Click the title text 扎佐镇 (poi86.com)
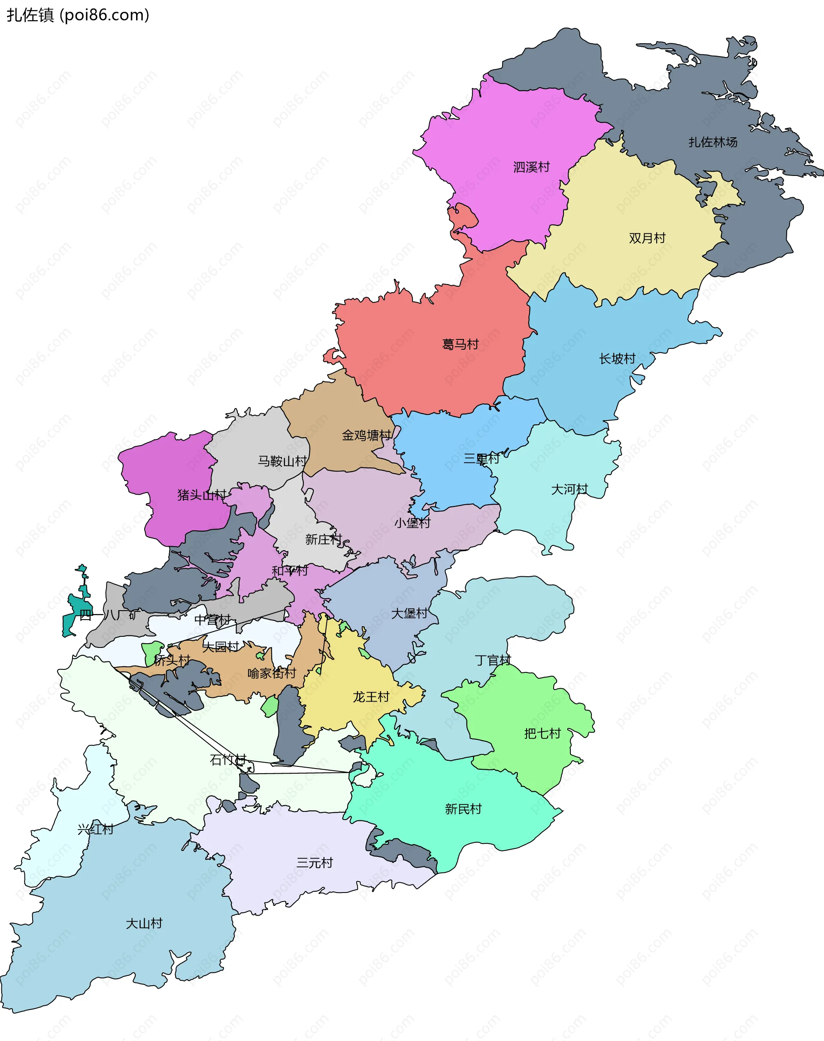click(78, 15)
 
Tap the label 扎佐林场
click(712, 142)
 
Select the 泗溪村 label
click(531, 167)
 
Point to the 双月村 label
click(647, 238)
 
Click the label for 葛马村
click(460, 345)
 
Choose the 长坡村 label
click(617, 359)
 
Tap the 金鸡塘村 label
click(367, 436)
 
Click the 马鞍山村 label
click(282, 462)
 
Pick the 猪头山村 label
click(202, 495)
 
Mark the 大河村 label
click(569, 490)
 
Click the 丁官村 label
click(493, 660)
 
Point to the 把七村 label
click(542, 734)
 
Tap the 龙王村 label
click(370, 697)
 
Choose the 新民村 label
click(463, 809)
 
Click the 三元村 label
click(315, 862)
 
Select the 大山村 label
click(144, 923)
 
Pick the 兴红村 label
click(96, 829)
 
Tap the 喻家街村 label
click(272, 673)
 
